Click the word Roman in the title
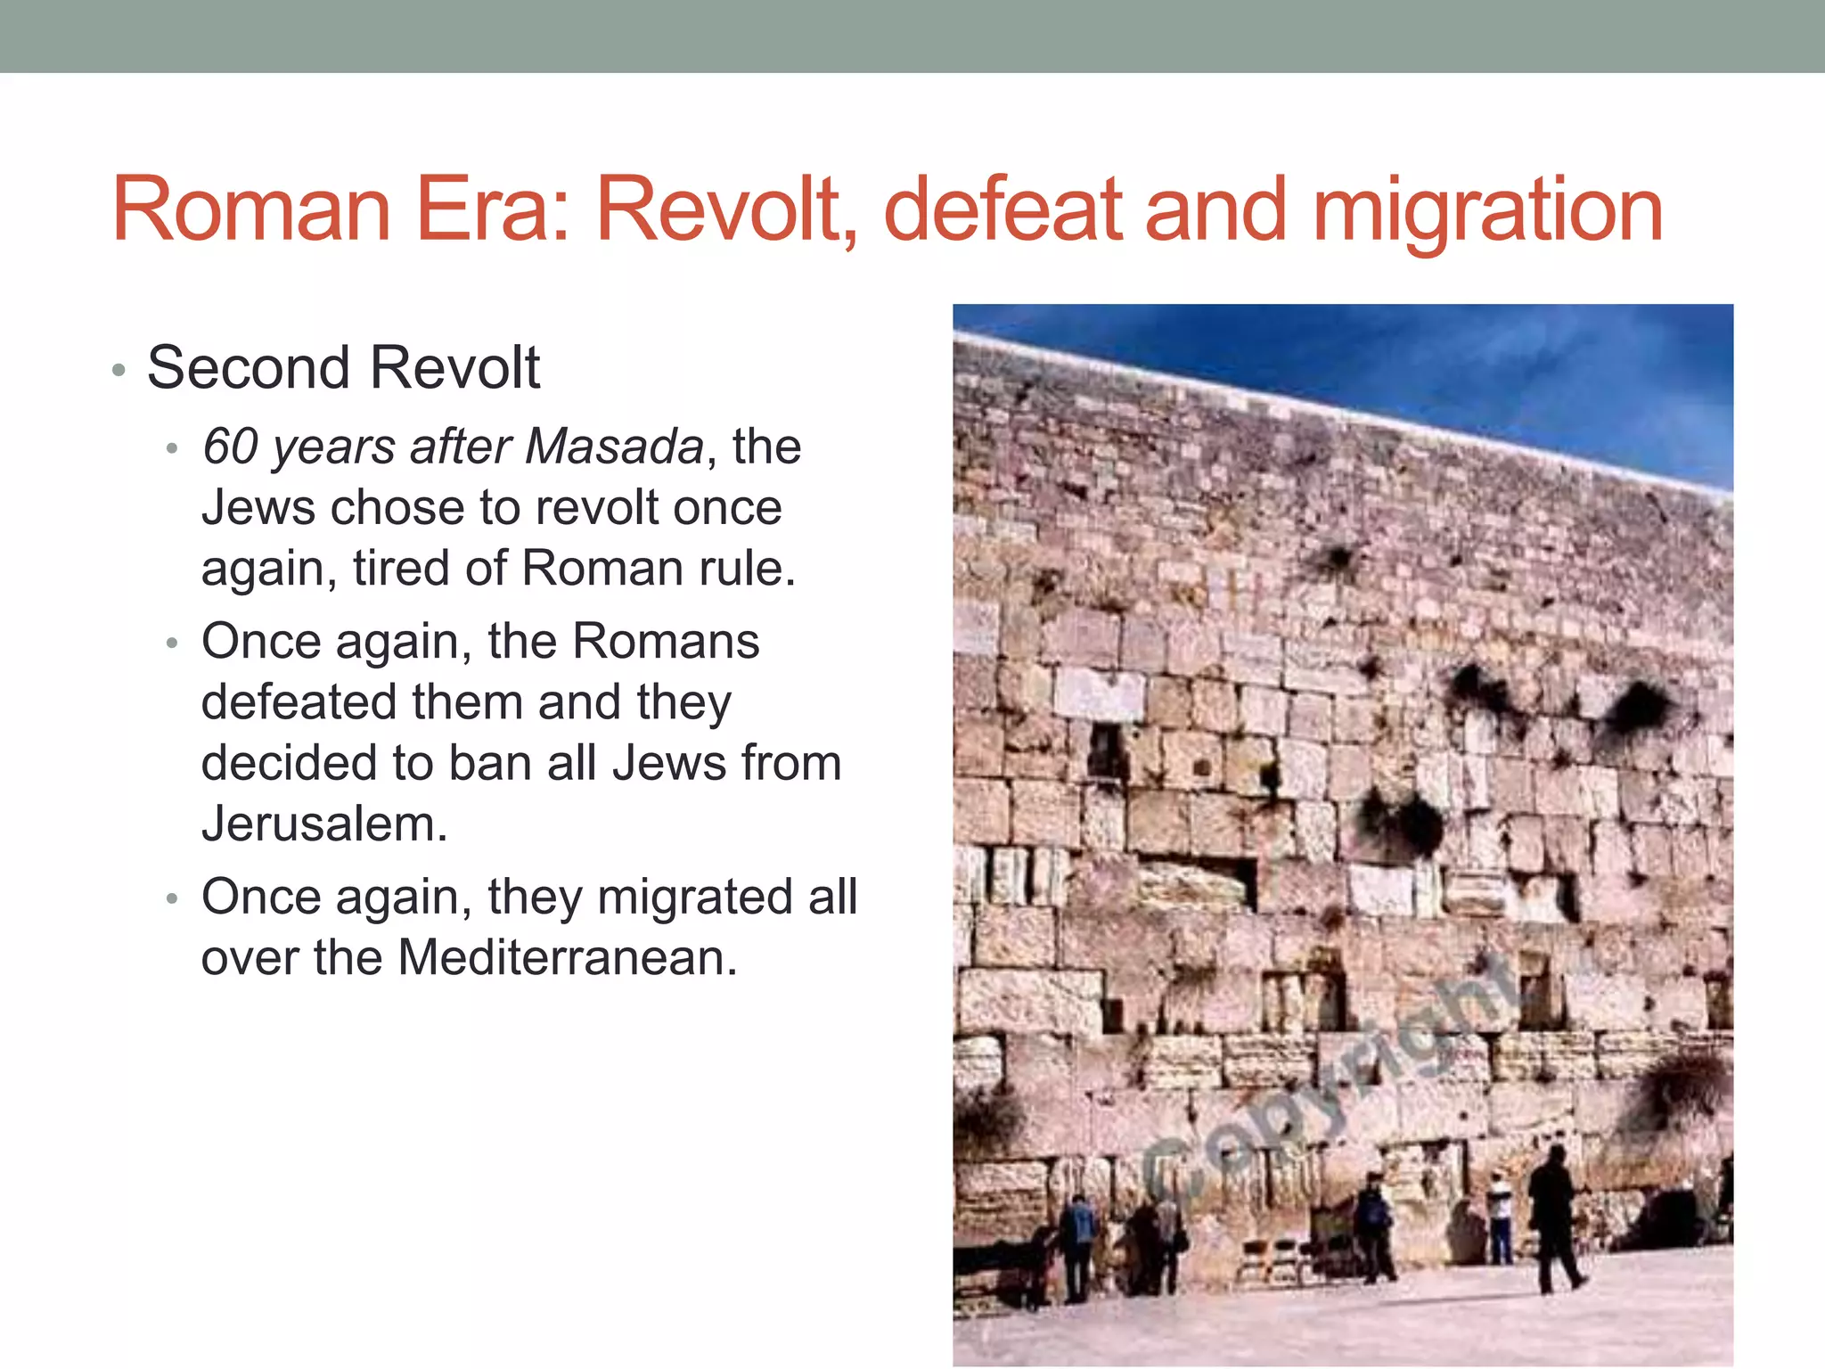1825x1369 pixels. click(251, 209)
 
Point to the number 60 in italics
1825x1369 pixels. click(230, 446)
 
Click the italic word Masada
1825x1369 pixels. click(614, 446)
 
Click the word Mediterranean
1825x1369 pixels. click(568, 957)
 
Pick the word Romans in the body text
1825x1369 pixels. click(666, 641)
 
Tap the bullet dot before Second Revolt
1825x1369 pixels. click(119, 370)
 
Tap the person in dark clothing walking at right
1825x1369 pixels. click(1554, 1217)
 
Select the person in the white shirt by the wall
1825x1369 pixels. click(1500, 1217)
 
